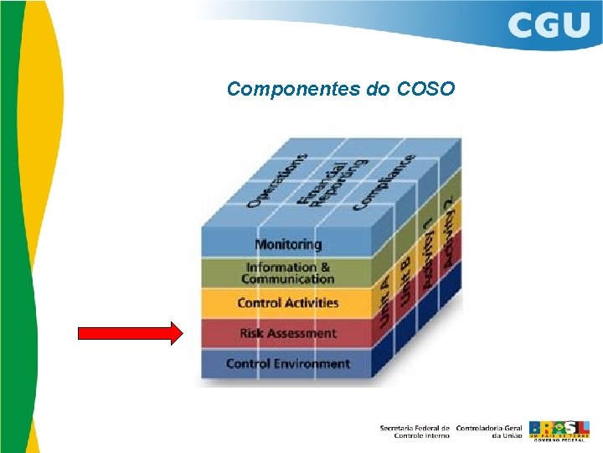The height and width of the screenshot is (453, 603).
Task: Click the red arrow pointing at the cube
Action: (130, 334)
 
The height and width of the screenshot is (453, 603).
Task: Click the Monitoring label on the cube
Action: (288, 244)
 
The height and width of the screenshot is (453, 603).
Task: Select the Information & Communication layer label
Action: (288, 273)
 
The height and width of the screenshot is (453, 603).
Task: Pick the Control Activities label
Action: (288, 303)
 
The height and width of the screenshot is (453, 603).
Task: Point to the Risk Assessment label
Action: (288, 333)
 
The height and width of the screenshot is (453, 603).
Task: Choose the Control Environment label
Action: (288, 363)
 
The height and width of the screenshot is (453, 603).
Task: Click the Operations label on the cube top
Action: (277, 180)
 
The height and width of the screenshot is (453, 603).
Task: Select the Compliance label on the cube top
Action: (384, 180)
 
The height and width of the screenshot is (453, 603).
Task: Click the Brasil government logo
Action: (559, 430)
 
